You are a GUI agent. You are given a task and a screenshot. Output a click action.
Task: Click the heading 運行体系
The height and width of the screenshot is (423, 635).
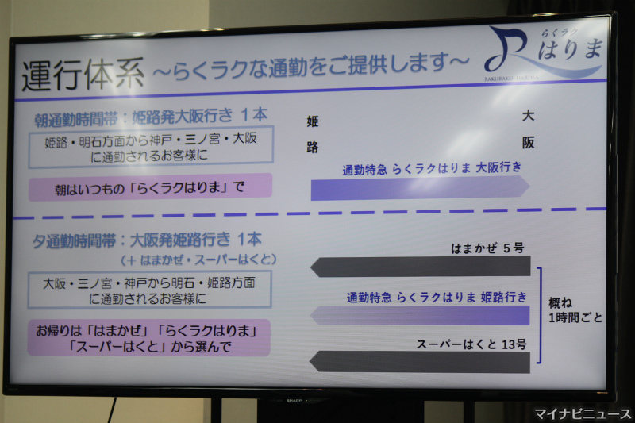click(x=83, y=75)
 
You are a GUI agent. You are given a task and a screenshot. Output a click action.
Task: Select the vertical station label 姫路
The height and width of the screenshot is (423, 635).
click(x=312, y=134)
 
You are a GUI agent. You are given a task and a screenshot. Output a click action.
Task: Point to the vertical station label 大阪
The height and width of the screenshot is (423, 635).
click(x=528, y=129)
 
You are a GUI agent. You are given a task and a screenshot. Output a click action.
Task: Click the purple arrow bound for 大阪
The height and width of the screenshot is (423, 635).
click(x=421, y=188)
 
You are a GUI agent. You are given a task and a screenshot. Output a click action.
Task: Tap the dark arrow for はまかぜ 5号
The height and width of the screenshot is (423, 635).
click(x=421, y=267)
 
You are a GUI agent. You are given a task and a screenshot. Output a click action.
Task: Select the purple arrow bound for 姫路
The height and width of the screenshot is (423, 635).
click(x=420, y=315)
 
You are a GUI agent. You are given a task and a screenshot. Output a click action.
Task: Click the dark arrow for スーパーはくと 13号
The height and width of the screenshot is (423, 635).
click(x=420, y=362)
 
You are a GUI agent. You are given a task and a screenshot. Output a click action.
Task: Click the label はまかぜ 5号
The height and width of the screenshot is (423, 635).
click(x=488, y=248)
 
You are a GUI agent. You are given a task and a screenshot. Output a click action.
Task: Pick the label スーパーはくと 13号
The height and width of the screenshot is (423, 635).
click(x=471, y=344)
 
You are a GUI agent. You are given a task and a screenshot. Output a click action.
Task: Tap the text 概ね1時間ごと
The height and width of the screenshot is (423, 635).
click(x=575, y=310)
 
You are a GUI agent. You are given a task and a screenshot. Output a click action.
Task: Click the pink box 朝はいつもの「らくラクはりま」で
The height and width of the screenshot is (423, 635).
click(x=150, y=187)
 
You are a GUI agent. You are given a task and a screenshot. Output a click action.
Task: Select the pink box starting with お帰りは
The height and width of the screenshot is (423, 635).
click(x=149, y=338)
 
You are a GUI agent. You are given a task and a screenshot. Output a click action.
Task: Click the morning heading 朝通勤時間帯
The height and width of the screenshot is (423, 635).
click(x=75, y=120)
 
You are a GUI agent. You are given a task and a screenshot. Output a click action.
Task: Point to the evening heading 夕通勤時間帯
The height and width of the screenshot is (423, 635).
click(x=74, y=241)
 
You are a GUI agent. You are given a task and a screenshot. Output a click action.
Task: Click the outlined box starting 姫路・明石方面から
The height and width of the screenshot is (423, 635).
click(x=151, y=147)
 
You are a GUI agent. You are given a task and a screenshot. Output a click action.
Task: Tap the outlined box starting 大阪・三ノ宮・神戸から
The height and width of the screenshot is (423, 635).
click(x=149, y=290)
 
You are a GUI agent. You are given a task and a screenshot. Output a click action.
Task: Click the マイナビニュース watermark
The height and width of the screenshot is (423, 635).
click(x=583, y=414)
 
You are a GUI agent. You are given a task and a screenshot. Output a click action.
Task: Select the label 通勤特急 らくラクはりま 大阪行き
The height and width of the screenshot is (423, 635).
click(x=432, y=168)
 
